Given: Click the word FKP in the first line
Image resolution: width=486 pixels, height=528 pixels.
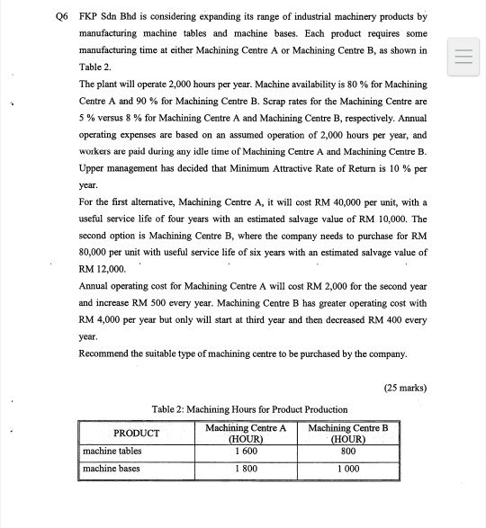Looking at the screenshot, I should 88,17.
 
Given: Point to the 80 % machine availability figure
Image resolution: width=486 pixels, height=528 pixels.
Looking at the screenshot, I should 344,83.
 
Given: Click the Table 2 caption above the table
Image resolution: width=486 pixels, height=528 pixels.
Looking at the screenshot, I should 250,410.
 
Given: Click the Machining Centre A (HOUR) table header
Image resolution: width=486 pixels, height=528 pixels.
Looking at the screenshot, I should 246,433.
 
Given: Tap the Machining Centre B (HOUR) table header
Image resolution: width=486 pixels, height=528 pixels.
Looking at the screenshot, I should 347,433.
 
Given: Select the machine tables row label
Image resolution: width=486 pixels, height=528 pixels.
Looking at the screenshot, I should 112,451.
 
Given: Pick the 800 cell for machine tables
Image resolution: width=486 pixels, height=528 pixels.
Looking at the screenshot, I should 347,451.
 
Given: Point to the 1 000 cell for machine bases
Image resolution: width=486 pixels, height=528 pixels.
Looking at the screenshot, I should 347,469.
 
